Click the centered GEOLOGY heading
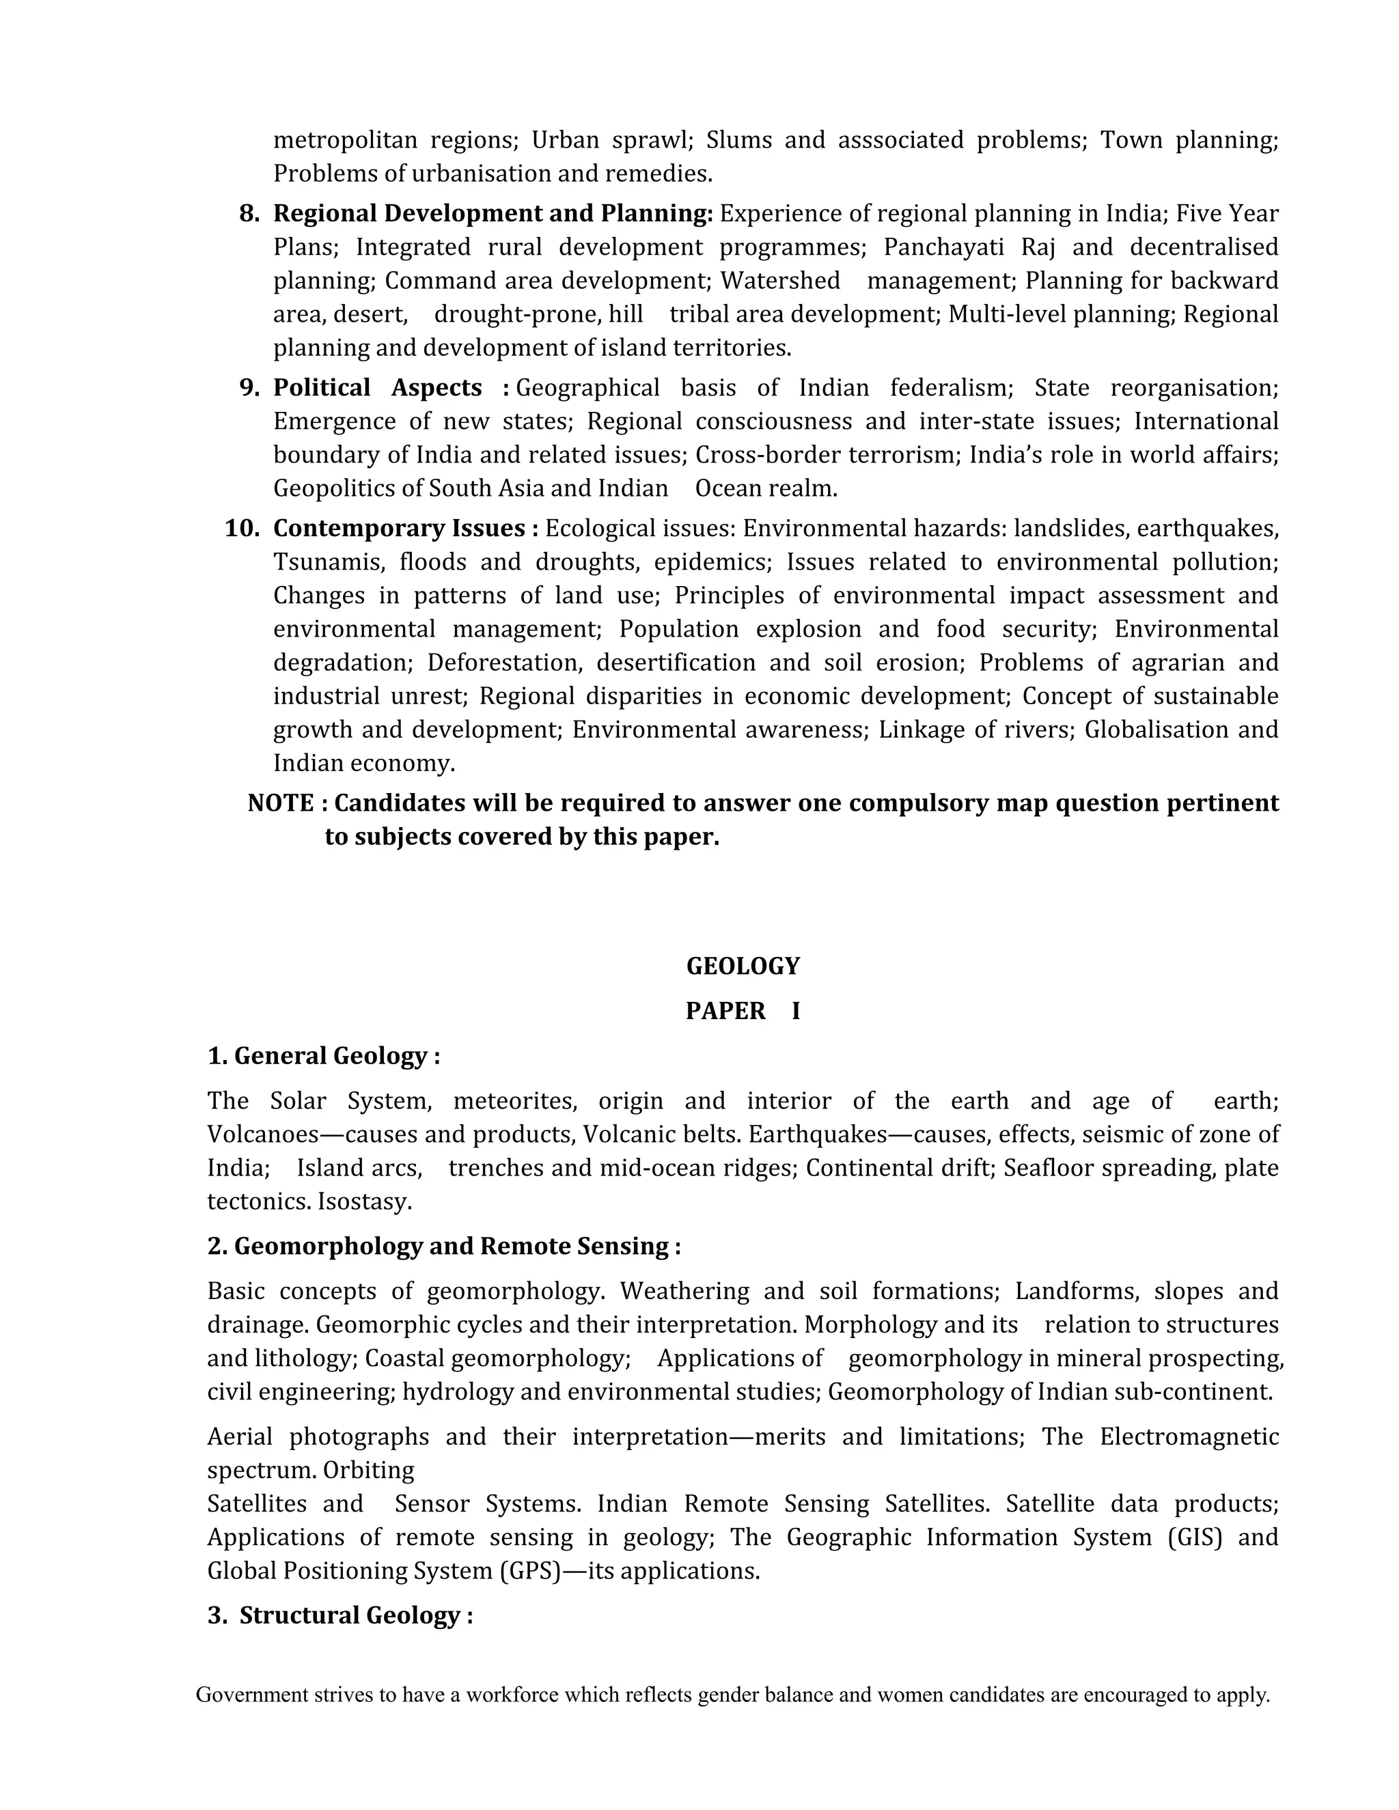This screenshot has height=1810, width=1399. [x=743, y=966]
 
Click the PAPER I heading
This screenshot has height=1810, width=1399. [x=743, y=1011]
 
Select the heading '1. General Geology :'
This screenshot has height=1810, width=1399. [x=323, y=1056]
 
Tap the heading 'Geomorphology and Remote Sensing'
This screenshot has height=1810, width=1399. [x=452, y=1247]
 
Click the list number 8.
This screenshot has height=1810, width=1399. [x=249, y=214]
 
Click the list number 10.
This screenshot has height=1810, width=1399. [x=242, y=529]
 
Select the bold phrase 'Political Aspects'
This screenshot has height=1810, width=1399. [x=377, y=388]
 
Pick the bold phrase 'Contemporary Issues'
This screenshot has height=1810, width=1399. [x=400, y=529]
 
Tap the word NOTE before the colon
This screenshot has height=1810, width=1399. [x=280, y=803]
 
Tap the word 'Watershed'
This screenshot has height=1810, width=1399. [x=780, y=281]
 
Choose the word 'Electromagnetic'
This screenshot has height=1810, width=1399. [x=1189, y=1437]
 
